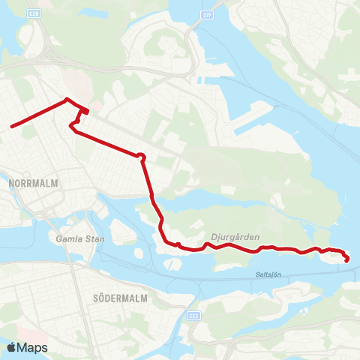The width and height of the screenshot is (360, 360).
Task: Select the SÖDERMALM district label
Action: (119, 297)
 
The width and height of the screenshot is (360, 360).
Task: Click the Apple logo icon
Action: (12, 347)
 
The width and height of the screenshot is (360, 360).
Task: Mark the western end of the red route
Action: (12, 126)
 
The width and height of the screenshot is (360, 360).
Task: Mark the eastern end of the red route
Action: (346, 260)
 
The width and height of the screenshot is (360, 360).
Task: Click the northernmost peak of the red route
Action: (67, 100)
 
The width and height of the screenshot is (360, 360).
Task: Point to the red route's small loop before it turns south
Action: (140, 155)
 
